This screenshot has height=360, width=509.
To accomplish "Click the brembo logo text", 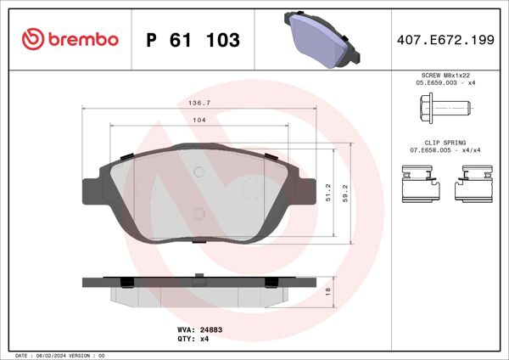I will click(82, 40).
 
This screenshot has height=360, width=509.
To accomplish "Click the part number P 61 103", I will click(193, 40).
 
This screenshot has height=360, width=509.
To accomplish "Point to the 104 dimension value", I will click(199, 121).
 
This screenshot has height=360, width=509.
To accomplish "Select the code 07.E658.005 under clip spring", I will click(429, 150).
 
